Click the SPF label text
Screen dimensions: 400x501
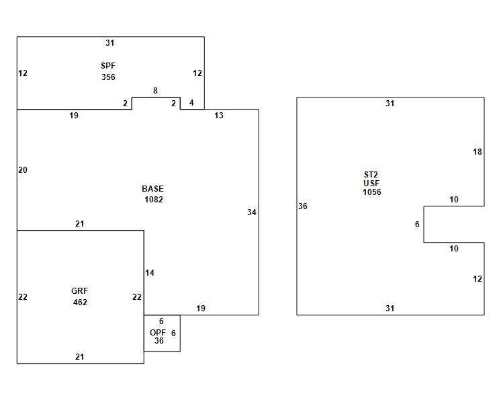point(108,66)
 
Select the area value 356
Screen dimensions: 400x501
point(108,77)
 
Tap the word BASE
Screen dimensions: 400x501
point(152,189)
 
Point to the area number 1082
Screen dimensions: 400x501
point(153,200)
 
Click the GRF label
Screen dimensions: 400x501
point(79,291)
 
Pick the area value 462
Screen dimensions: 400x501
point(80,303)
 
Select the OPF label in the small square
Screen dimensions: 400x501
point(158,332)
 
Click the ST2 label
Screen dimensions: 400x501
point(371,175)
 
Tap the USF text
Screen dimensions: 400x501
point(371,184)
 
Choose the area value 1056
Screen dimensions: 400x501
point(371,192)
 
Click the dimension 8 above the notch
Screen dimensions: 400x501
point(155,91)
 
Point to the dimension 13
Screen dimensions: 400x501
point(219,116)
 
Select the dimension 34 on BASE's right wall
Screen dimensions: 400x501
point(251,212)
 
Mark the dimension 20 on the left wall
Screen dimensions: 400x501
point(23,170)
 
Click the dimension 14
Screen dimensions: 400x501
point(150,273)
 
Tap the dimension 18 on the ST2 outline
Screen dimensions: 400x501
point(477,152)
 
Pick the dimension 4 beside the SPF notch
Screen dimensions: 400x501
point(191,103)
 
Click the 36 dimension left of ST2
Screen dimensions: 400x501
point(302,206)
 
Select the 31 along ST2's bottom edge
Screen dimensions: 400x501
point(390,309)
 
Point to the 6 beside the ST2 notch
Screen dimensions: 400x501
point(417,225)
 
